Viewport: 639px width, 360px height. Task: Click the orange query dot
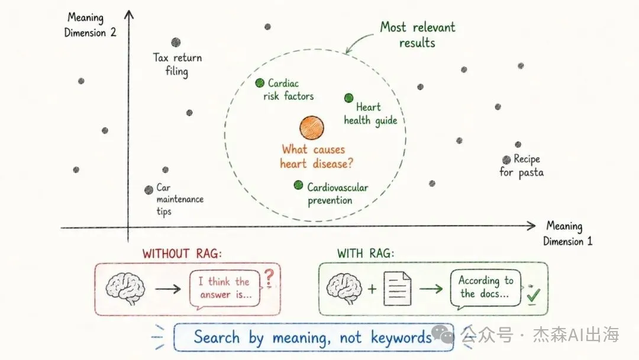(312, 128)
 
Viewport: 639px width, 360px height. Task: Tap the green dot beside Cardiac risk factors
(260, 83)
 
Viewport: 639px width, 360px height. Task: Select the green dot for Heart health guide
(349, 98)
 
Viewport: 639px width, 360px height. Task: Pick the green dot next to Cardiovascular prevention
(298, 185)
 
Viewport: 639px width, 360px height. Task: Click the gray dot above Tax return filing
(176, 43)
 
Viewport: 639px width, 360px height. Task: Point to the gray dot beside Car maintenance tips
(149, 189)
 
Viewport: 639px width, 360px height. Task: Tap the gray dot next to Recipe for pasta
(506, 160)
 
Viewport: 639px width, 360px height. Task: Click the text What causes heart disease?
(316, 156)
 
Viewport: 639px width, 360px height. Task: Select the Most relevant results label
(418, 35)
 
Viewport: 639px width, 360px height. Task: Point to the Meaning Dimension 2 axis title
(90, 25)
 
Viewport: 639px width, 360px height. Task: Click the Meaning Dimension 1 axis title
(567, 233)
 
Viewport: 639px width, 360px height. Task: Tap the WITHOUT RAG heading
(182, 253)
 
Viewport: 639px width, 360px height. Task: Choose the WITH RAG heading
(366, 253)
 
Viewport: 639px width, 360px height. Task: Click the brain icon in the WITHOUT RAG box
(125, 288)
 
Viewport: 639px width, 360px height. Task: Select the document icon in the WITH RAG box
(398, 289)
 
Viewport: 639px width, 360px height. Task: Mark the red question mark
(269, 278)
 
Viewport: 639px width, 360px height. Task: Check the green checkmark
(533, 295)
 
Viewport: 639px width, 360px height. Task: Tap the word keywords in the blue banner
(401, 337)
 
